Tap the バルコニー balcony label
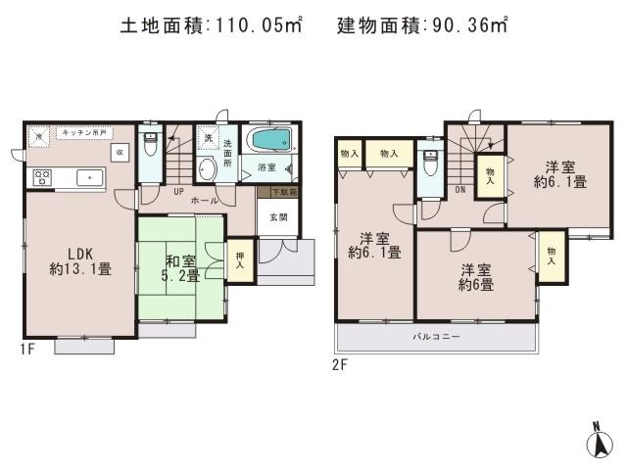pos(436,338)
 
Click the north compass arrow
pos(595,442)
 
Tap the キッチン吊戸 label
pos(82,132)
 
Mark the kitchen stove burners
pos(43,177)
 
